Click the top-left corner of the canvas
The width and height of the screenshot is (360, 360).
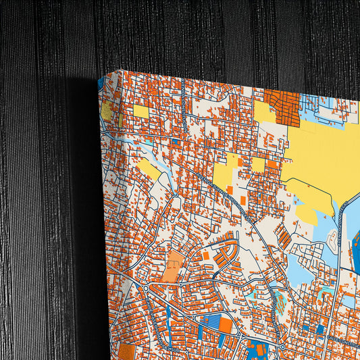[120, 69]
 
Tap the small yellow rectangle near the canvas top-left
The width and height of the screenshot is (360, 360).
[140, 111]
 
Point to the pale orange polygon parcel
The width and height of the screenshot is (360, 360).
[173, 265]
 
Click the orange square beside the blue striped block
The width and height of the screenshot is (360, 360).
[226, 326]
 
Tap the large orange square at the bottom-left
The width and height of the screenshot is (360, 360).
[127, 353]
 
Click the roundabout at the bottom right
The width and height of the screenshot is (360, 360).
[282, 347]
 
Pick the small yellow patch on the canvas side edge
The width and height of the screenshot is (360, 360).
[106, 111]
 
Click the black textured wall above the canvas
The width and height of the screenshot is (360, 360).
[203, 34]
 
